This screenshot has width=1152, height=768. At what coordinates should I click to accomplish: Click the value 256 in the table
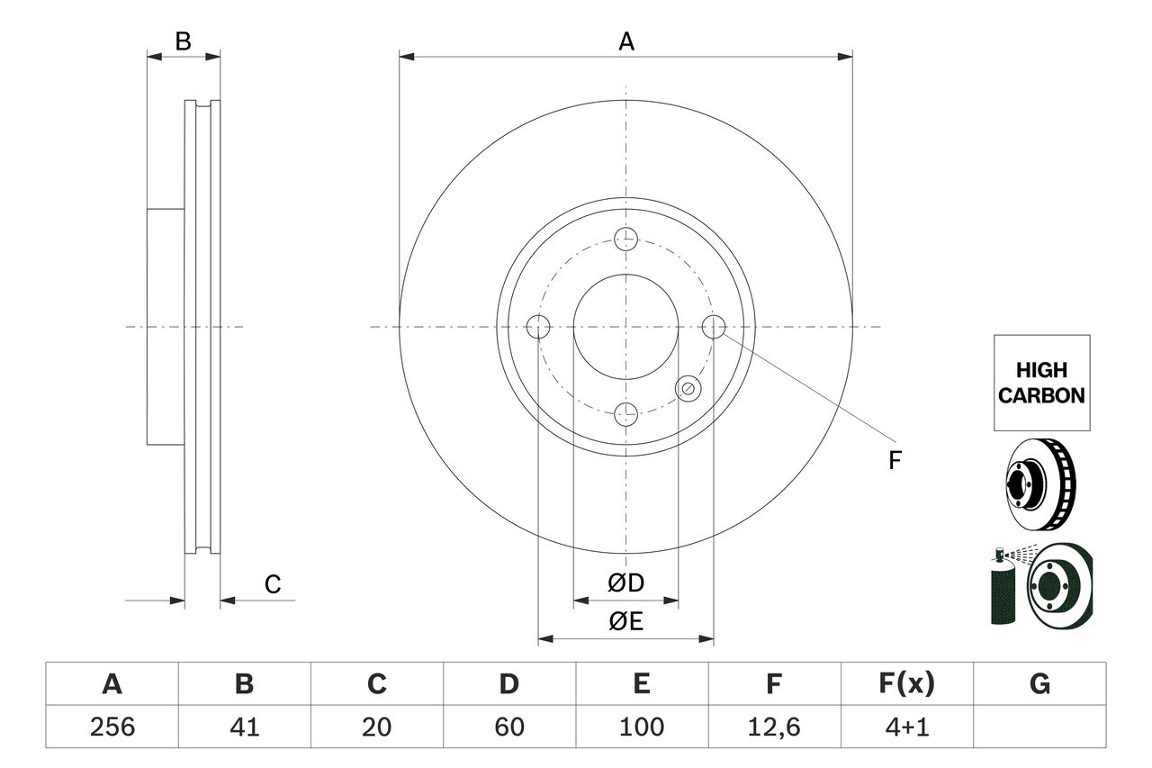pos(112,727)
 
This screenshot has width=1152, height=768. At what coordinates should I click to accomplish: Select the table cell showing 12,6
pos(774,727)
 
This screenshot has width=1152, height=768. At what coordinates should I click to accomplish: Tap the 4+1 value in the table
pos(906,727)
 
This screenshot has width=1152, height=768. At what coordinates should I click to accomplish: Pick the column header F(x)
pos(906,685)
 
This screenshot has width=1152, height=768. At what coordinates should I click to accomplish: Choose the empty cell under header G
pos(1039,727)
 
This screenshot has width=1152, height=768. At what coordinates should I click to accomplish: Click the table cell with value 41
pos(244,727)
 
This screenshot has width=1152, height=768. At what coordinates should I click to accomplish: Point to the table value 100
pos(641,727)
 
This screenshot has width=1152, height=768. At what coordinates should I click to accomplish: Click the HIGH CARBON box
pos(1041,383)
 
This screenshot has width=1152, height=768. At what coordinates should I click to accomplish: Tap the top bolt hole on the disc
pos(625,239)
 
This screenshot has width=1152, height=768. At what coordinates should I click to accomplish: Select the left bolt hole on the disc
pos(538,327)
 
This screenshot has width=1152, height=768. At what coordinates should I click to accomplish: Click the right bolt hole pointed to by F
pos(714,327)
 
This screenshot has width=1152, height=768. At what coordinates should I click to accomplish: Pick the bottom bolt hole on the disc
pos(625,414)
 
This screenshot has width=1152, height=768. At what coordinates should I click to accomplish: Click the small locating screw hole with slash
pos(688,388)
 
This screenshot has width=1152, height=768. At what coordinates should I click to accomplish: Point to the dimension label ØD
pos(625,583)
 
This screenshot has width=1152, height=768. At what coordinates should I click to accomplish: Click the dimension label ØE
pos(625,621)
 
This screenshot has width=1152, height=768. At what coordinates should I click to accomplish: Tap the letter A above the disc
pos(626,41)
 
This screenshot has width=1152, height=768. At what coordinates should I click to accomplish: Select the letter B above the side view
pos(183,41)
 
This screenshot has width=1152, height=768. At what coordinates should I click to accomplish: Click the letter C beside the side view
pos(273,585)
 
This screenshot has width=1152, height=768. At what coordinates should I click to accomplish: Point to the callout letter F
pos(895,461)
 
